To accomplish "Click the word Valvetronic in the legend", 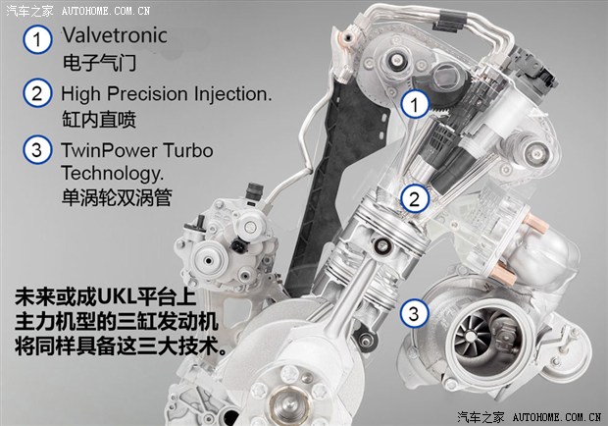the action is point(115,35).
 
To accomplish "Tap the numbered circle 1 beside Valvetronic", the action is point(37,39).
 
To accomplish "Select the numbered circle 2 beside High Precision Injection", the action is point(37,93).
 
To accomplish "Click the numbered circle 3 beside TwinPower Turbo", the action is point(37,150).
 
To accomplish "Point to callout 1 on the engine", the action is point(415,104).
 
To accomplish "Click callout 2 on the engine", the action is point(415,199).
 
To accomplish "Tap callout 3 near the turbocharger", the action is point(415,313).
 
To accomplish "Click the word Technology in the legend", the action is point(113,174).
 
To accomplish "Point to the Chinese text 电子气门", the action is point(99,63).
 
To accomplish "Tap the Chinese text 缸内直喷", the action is point(99,119).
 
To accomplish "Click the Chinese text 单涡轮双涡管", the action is point(117,197).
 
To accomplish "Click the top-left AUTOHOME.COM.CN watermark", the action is point(106,11).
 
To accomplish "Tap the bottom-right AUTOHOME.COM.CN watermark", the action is point(557,417).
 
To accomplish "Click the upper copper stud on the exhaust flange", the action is point(535,224).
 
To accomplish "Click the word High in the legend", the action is point(80,94).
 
